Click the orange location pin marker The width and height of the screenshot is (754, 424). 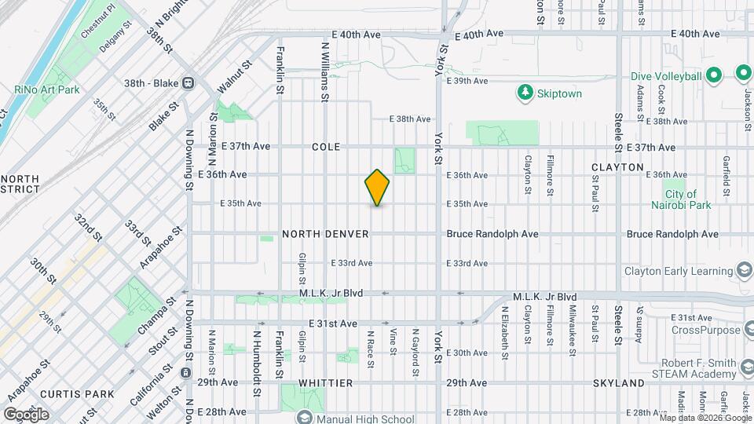pos(378,188)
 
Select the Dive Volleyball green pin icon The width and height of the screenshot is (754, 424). pos(714,76)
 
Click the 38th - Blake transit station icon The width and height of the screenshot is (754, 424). pos(188,82)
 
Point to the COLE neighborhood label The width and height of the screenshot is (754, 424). pos(325,147)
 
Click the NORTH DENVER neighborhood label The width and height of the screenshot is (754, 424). pos(314,234)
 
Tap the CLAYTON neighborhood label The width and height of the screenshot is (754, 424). pos(617,167)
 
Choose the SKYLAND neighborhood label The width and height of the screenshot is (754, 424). pos(618,383)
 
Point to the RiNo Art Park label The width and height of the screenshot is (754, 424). pos(47,90)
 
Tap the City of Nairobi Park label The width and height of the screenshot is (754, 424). pos(681,199)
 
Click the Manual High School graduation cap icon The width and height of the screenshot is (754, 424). pos(303,417)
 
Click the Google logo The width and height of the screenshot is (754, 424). pos(27,414)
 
